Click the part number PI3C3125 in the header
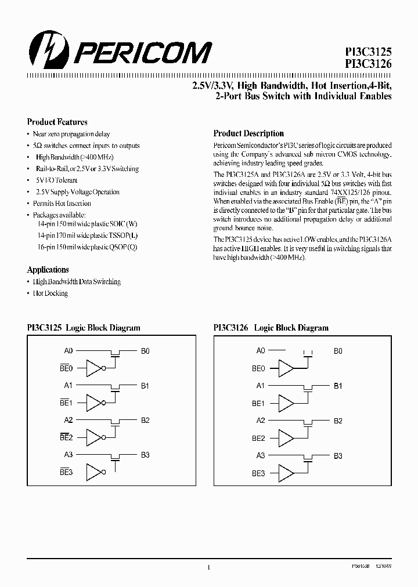[x=366, y=52]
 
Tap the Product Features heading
[x=57, y=122]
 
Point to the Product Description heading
[x=248, y=133]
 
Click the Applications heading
[x=48, y=270]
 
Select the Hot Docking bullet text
[x=52, y=293]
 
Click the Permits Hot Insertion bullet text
[x=63, y=204]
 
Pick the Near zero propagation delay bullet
[x=73, y=134]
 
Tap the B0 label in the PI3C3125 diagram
[x=145, y=351]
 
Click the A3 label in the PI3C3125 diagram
[x=68, y=455]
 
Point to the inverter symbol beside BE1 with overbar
[x=96, y=403]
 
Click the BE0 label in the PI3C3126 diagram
[x=258, y=368]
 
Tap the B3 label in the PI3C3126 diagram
[x=338, y=456]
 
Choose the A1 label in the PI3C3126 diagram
[x=261, y=386]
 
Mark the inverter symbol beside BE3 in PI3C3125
[x=96, y=472]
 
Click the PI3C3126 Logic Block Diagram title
[x=271, y=328]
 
